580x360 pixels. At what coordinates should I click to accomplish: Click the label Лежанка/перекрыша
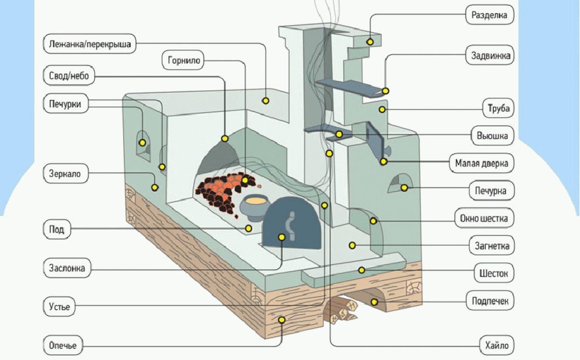coord(90,45)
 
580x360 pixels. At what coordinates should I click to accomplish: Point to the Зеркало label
coord(65,173)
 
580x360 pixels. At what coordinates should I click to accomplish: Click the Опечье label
coord(63,346)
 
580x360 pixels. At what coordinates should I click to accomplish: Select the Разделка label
coord(489,15)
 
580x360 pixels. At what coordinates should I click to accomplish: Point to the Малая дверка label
coord(481,163)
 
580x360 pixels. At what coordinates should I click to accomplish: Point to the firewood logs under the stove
coord(344,310)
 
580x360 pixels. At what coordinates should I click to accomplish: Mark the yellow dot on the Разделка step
coord(370,42)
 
